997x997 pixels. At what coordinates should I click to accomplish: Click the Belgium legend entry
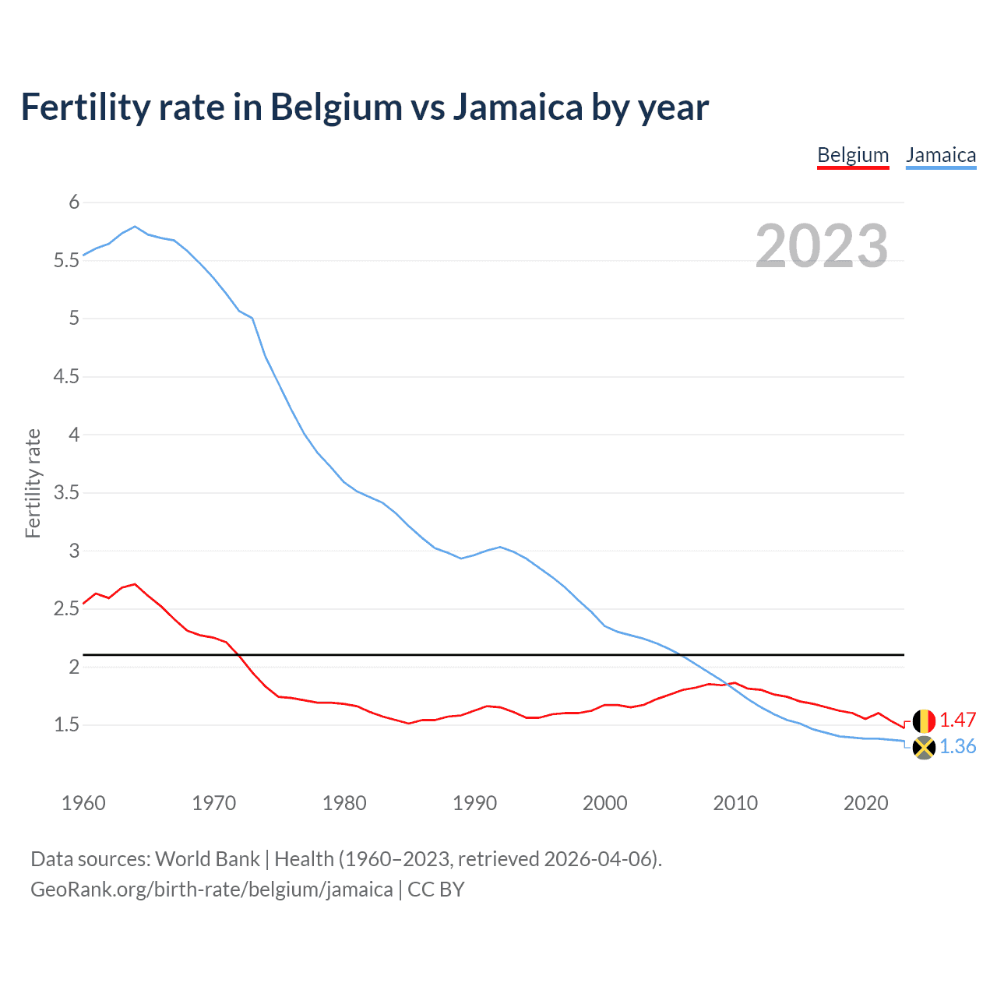click(x=853, y=155)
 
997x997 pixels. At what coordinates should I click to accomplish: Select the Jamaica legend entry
click(x=941, y=155)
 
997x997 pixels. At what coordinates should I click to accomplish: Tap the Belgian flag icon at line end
click(x=924, y=721)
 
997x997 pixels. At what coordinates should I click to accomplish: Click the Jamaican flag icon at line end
click(x=924, y=748)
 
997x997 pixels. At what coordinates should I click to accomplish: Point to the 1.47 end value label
click(x=958, y=720)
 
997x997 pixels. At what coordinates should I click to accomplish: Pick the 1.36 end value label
click(x=958, y=746)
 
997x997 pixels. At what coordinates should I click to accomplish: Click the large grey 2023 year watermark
click(x=822, y=246)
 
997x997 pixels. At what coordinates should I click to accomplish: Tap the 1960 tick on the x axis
click(x=83, y=803)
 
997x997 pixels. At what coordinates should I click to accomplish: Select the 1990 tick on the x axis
click(x=474, y=803)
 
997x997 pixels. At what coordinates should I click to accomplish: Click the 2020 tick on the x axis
click(x=865, y=803)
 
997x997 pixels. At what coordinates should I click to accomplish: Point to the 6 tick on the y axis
click(x=74, y=203)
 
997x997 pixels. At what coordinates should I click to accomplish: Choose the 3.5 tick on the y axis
click(x=67, y=492)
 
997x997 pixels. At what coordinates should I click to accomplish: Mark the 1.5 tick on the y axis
click(x=67, y=724)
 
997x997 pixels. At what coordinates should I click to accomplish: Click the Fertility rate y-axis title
click(x=33, y=483)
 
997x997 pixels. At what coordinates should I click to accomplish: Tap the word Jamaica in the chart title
click(x=517, y=107)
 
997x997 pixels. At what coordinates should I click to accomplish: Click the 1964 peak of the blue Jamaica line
click(x=136, y=227)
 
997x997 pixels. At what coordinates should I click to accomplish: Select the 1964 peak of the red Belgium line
click(x=136, y=583)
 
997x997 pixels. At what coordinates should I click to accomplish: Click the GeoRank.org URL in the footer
click(x=212, y=890)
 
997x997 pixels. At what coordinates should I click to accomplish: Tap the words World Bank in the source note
click(x=207, y=859)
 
